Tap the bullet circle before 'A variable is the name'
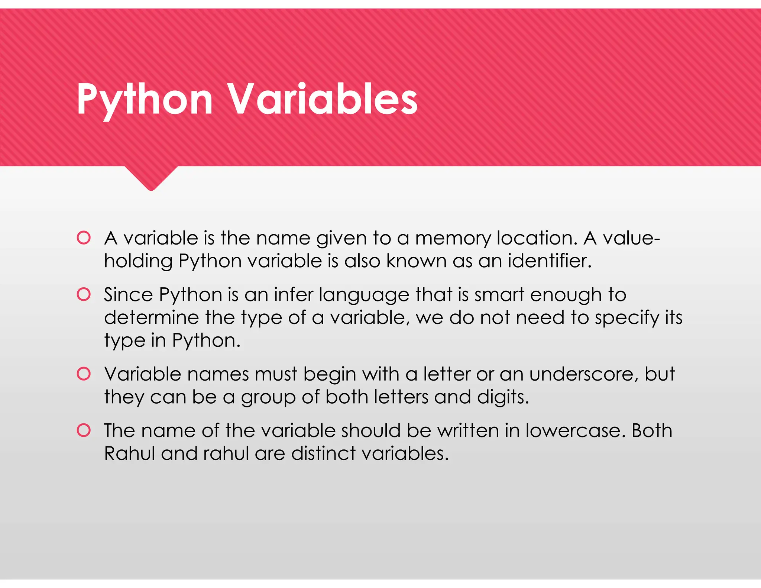pos(84,238)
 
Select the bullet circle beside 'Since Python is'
pos(84,294)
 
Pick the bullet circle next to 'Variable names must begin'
pos(84,374)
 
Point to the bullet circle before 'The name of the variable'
pos(84,430)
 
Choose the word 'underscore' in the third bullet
pos(583,374)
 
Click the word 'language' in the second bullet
pos(364,295)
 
